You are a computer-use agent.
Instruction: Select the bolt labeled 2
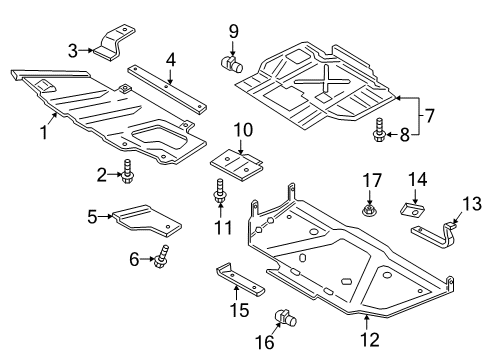click(128, 174)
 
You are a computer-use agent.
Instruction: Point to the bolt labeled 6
click(160, 259)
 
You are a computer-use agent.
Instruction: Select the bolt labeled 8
click(380, 129)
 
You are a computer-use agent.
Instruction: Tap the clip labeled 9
click(229, 64)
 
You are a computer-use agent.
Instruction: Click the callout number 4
click(171, 59)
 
